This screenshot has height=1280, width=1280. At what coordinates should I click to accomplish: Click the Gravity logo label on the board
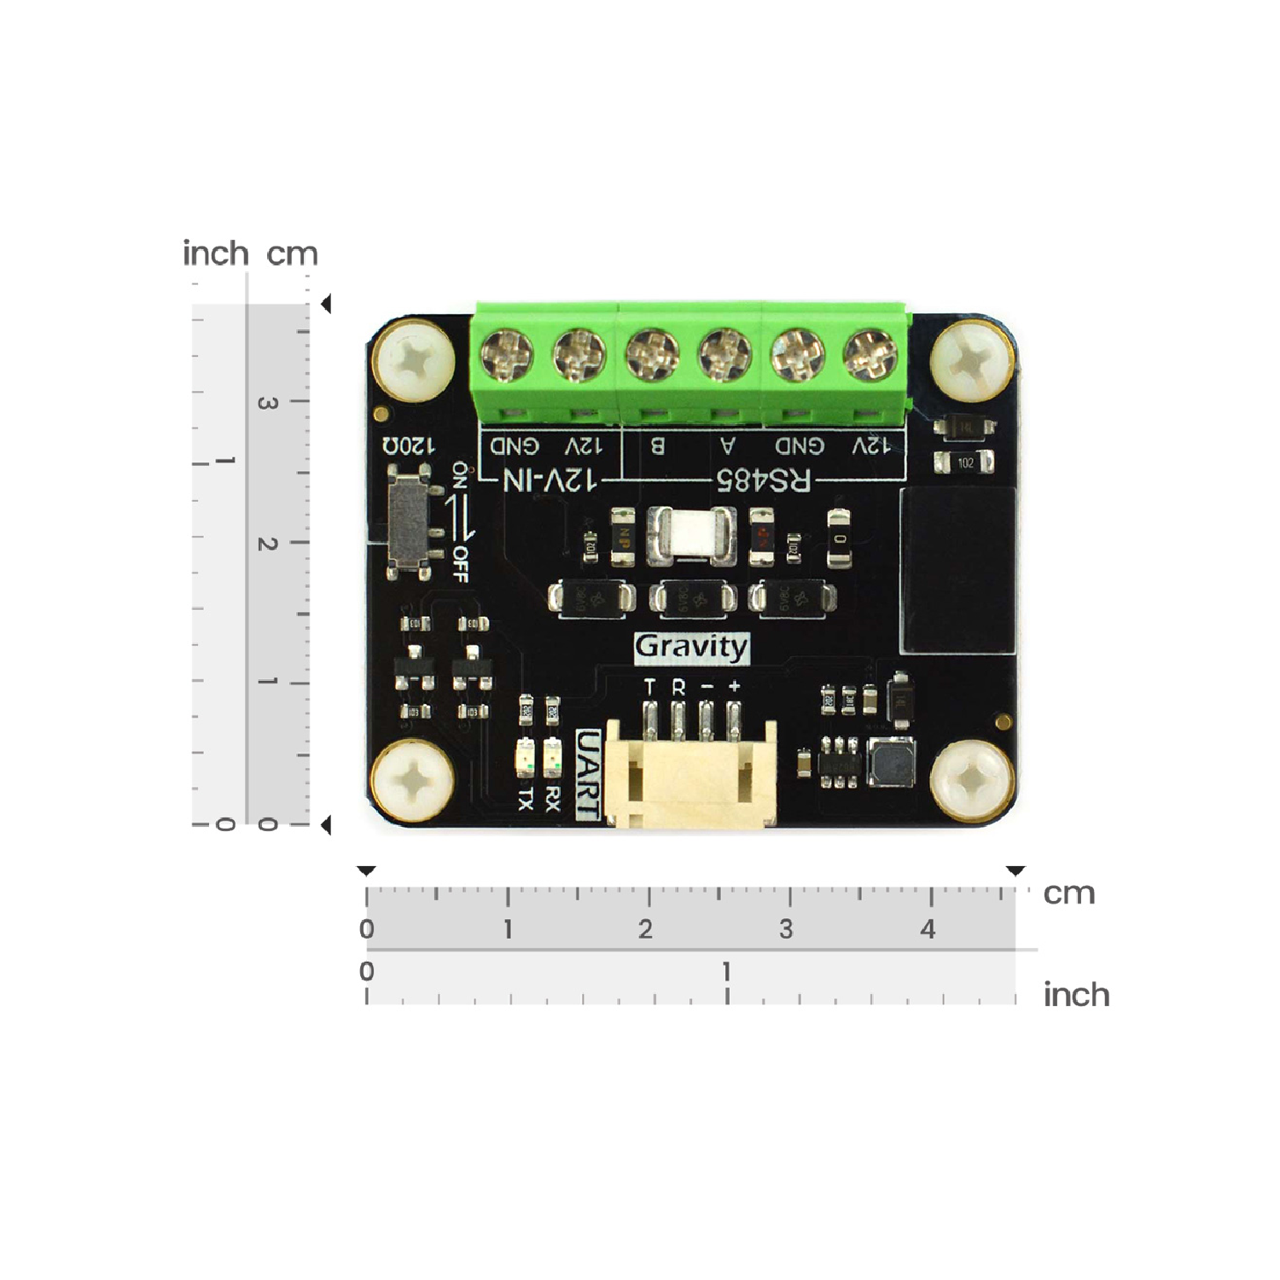point(691,647)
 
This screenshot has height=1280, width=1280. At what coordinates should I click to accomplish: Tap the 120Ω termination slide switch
point(409,521)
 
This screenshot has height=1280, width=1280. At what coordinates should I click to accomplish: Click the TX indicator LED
point(526,757)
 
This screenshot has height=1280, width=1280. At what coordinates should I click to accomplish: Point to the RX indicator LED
point(552,756)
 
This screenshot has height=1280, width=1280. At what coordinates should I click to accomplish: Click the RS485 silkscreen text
point(763,480)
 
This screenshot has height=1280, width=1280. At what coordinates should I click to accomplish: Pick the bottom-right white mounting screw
point(973,780)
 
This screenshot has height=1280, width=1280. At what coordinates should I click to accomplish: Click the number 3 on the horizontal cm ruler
point(786,928)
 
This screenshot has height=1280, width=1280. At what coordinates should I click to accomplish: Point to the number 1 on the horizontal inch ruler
point(726,971)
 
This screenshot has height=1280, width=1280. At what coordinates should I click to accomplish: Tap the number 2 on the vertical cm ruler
point(267,544)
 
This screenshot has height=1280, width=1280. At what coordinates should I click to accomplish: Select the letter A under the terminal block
point(728,445)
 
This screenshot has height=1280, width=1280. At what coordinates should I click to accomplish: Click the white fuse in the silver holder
point(691,536)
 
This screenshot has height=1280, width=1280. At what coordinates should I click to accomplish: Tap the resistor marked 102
point(965,463)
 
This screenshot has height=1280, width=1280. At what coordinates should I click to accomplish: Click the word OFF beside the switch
point(460,564)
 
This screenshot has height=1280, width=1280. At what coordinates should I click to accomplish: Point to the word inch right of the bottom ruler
point(1076,995)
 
